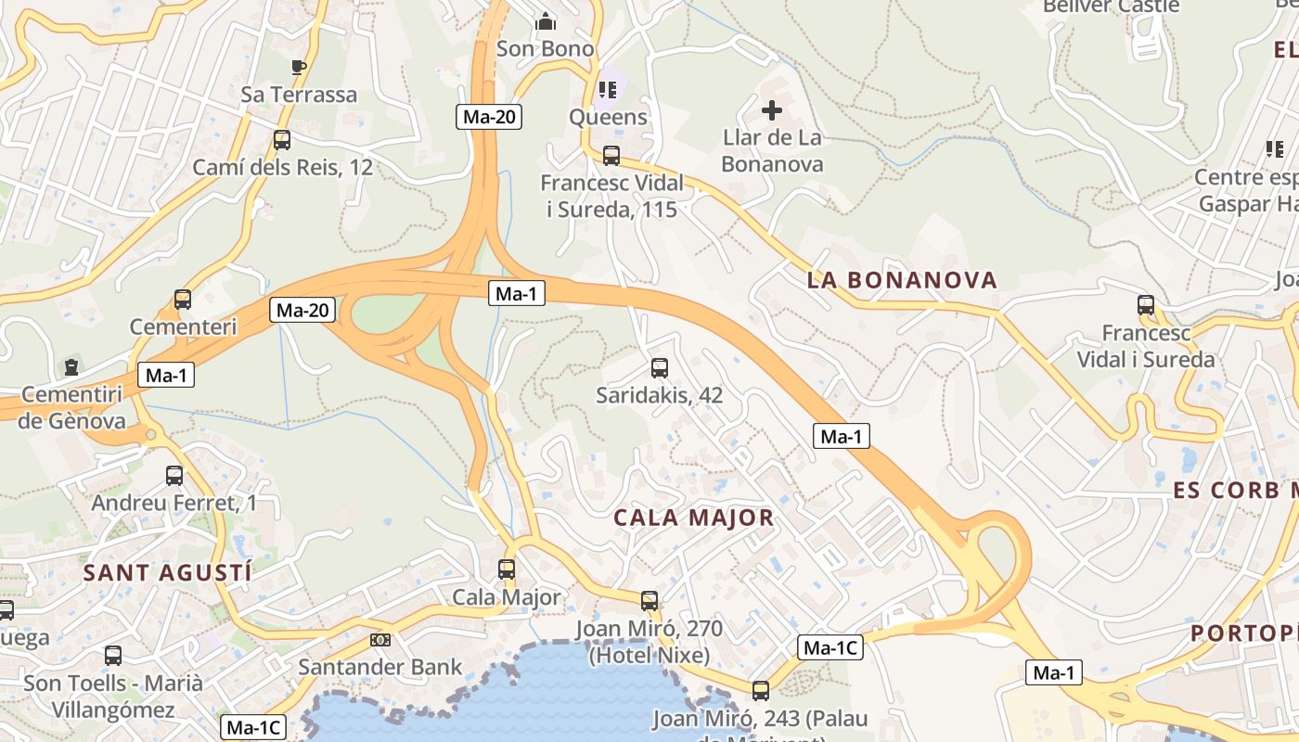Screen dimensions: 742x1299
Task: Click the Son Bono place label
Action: (546, 48)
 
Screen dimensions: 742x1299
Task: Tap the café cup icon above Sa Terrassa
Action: (298, 67)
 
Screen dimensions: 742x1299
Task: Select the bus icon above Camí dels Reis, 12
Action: (282, 140)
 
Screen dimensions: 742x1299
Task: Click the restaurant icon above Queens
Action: (608, 90)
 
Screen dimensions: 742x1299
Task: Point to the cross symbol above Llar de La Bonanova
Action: (772, 111)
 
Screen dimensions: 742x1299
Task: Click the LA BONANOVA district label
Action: (902, 280)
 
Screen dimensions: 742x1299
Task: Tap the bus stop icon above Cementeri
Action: (183, 300)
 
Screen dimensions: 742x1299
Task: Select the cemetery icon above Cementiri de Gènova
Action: (71, 367)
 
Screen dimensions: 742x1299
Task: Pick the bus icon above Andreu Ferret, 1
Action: (174, 476)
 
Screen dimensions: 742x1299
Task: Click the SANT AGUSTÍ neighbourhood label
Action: (167, 572)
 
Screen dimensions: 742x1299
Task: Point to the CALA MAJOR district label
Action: (693, 518)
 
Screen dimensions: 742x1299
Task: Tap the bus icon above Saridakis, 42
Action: (660, 368)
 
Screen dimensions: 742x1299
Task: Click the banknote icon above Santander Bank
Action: (379, 640)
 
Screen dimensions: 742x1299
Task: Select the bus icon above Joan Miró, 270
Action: (649, 601)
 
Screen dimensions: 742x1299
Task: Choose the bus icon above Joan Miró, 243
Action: (761, 690)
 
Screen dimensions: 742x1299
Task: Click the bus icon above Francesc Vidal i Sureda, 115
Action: (611, 156)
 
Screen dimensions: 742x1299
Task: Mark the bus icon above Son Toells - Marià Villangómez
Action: (113, 656)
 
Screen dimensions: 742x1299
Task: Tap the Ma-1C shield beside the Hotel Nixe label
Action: (830, 647)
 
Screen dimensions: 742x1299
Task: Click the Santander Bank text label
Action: (379, 666)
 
